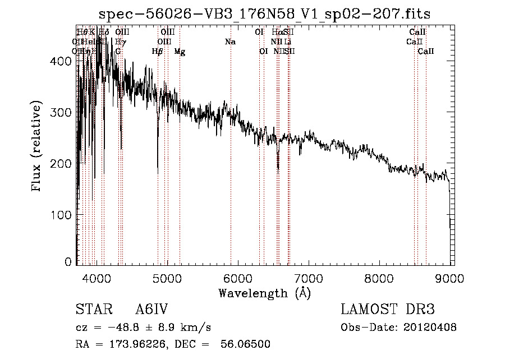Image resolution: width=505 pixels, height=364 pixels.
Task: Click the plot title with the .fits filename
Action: coord(264,14)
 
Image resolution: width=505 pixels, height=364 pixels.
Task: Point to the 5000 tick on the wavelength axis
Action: coord(167,277)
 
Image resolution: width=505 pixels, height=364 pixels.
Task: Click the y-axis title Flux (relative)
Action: coord(38,147)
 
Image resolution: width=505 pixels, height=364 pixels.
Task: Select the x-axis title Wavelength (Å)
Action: coord(264,293)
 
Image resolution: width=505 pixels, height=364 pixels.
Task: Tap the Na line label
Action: coord(230,42)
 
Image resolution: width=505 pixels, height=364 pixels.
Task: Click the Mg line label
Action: coord(180,52)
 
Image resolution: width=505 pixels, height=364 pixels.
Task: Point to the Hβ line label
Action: coord(158,52)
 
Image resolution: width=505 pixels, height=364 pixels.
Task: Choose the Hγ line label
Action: coord(121,42)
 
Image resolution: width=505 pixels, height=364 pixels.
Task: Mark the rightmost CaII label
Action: coord(426,52)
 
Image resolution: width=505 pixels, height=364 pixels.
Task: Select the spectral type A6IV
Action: coord(151,310)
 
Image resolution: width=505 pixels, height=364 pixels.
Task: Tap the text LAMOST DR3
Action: coord(388,310)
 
